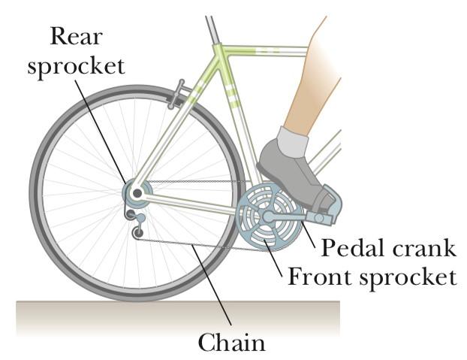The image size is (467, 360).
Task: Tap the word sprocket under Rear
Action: [x=77, y=65]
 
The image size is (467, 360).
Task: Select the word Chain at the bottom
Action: [x=232, y=343]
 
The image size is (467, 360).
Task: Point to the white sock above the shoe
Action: [x=294, y=141]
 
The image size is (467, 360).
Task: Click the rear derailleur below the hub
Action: [x=137, y=223]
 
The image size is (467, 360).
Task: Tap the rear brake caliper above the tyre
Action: [x=176, y=95]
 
